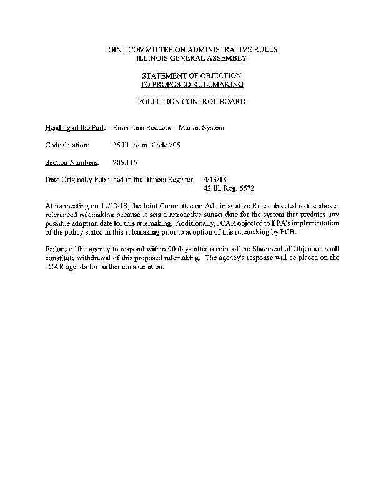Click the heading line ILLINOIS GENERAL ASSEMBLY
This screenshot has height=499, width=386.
click(192, 57)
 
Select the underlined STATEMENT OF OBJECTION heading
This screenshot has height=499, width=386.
click(192, 75)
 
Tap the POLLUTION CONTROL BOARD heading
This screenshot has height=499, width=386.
click(192, 101)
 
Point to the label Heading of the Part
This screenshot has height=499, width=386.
click(74, 128)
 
